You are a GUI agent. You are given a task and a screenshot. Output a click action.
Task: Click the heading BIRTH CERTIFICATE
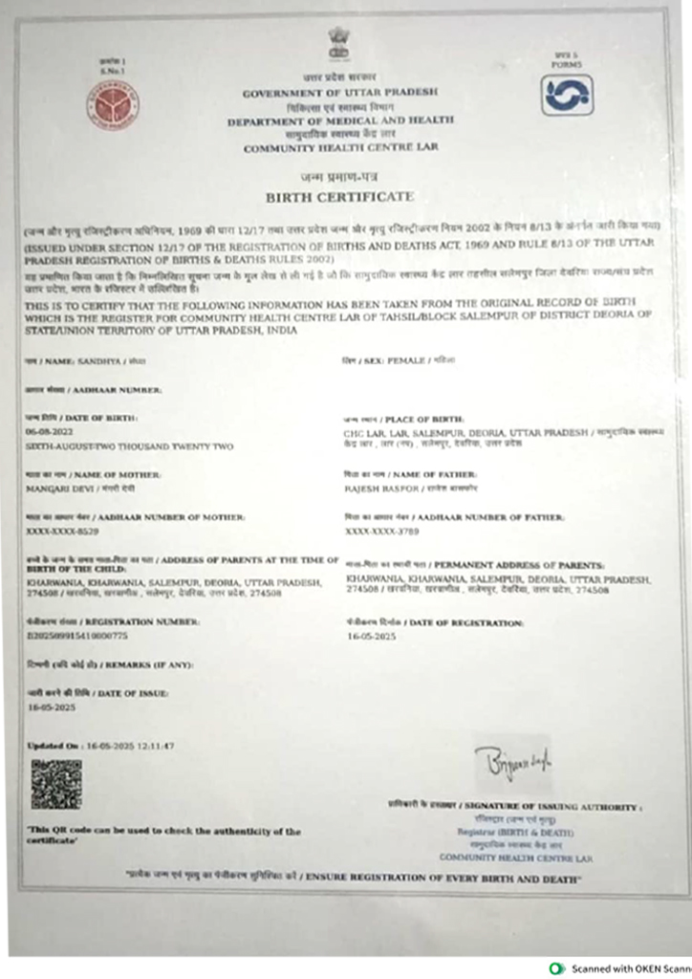(x=339, y=197)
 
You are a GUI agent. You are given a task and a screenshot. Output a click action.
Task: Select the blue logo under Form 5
(x=567, y=96)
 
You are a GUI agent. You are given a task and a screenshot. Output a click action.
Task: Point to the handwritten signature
(x=517, y=761)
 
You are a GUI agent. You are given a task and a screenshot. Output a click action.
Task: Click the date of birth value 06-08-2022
(x=44, y=432)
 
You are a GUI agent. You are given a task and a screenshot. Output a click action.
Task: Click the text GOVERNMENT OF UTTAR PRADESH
(x=339, y=92)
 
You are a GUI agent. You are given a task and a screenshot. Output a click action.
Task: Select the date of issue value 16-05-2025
(x=50, y=707)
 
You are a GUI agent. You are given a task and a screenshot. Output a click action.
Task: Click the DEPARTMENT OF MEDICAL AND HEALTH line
(x=339, y=122)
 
